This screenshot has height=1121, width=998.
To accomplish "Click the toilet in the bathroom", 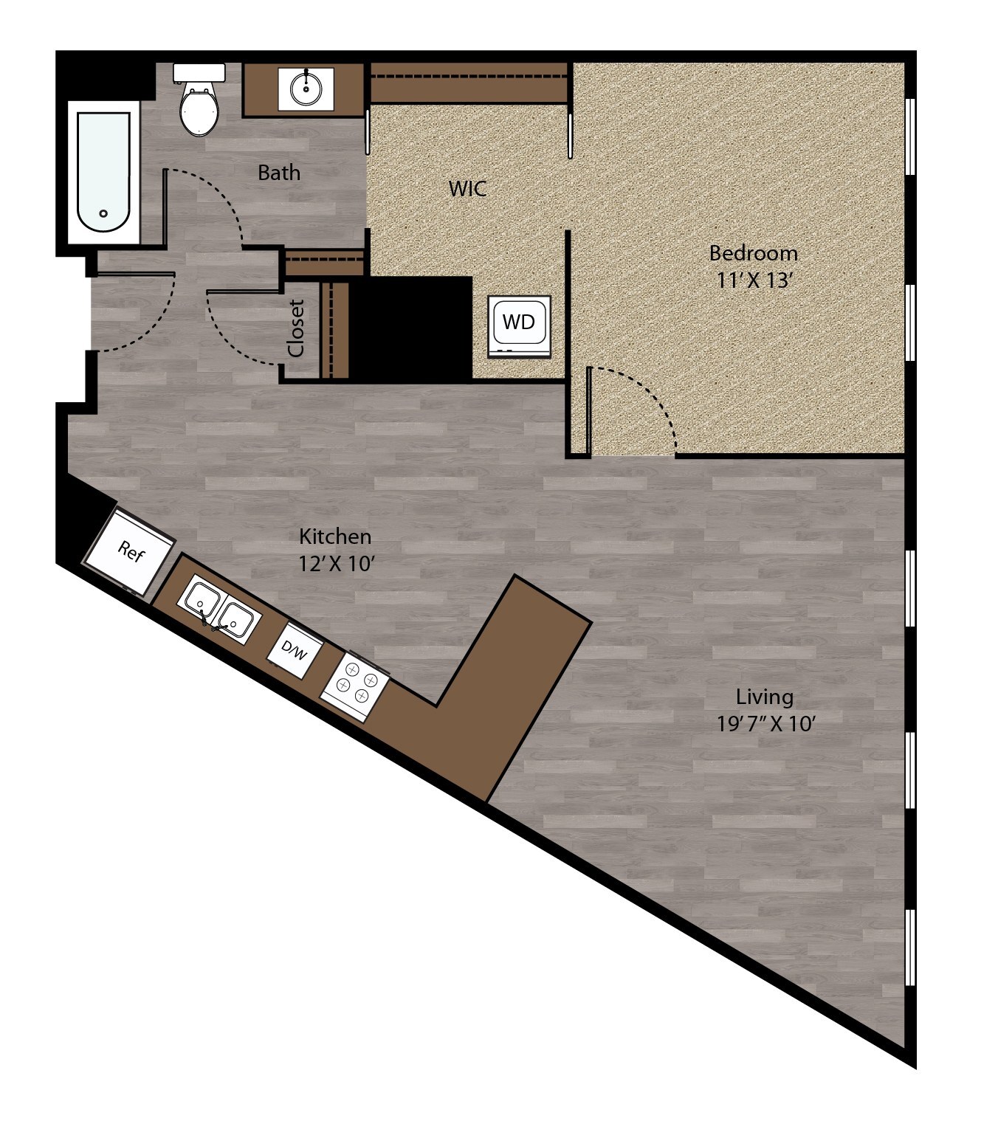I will tap(199, 111).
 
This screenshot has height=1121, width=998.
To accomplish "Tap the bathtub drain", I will tap(104, 213).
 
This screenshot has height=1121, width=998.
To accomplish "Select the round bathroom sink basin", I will tap(306, 89).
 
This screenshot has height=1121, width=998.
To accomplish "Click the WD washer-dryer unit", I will tap(519, 324).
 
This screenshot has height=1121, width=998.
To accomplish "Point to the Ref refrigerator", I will tap(130, 551).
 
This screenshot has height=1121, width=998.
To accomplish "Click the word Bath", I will tap(279, 173).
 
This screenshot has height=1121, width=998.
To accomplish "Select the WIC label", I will tap(467, 189).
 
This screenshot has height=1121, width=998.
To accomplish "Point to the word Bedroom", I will tap(753, 253).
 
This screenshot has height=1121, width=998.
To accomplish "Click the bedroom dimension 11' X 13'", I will tap(753, 280).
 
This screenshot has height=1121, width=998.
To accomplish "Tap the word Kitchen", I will tap(334, 536).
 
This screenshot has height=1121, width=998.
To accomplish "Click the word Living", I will tap(764, 696).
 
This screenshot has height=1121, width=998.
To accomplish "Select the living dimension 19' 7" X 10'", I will tap(765, 723).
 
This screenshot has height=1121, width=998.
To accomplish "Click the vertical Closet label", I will tap(297, 328).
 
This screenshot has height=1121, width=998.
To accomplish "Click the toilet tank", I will tap(199, 72).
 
